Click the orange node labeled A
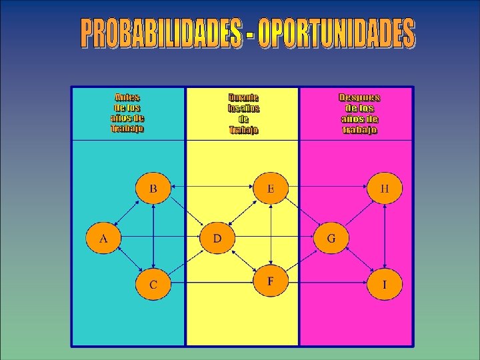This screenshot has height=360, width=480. [x=103, y=238]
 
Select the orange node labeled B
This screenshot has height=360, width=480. [x=153, y=189]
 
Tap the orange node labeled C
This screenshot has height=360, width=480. [x=153, y=285]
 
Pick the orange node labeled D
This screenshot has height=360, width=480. [x=217, y=238]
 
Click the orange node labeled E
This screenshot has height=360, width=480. [x=271, y=189]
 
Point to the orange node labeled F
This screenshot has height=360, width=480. [x=271, y=281]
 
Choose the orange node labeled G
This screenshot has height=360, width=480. [x=331, y=238]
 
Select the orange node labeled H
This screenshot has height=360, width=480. [x=385, y=189]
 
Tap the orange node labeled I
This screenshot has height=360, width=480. [x=385, y=285]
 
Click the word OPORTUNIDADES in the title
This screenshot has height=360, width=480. [x=336, y=35]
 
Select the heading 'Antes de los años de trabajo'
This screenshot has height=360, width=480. [x=127, y=113]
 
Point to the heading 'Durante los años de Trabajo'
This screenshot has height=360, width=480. [x=243, y=113]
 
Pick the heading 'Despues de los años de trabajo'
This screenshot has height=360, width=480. [x=359, y=113]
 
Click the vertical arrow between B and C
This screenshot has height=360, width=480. [x=153, y=237]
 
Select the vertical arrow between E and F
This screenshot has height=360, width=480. [x=271, y=235]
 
